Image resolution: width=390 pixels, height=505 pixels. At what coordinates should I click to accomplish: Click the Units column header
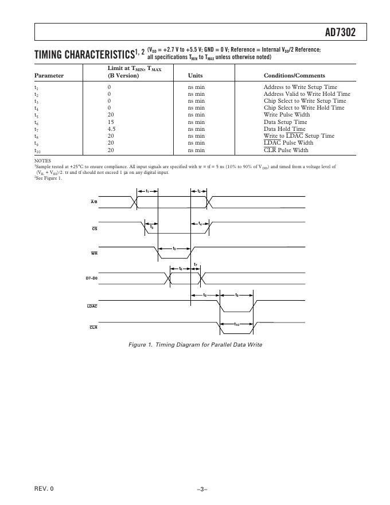tap(195, 75)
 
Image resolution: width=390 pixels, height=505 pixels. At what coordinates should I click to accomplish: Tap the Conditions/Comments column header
tap(294, 75)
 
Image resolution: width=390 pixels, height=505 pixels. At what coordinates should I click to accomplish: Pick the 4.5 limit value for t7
tap(112, 129)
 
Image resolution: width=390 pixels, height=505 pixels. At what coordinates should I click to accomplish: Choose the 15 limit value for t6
tap(111, 122)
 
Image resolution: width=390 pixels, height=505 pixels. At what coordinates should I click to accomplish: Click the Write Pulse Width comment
tap(285, 115)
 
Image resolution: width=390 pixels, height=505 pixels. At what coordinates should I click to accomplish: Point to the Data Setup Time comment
tap(285, 122)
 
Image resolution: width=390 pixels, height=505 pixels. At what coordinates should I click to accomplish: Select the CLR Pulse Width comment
tap(286, 150)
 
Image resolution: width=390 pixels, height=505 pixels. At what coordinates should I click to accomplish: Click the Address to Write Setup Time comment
tap(300, 87)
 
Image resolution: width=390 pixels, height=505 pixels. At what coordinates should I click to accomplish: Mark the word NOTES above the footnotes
tap(42, 161)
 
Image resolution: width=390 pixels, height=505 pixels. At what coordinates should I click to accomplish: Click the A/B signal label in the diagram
tap(94, 201)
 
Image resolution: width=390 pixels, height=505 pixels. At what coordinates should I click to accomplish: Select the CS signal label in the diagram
tap(95, 228)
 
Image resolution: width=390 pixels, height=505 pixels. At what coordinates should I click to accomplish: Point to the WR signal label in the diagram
tap(94, 253)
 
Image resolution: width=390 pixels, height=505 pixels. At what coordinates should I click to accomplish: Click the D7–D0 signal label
tap(91, 278)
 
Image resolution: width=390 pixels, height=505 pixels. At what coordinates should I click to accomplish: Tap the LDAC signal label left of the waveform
tap(92, 306)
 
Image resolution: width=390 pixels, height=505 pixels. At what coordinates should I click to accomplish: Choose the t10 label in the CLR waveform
tap(237, 325)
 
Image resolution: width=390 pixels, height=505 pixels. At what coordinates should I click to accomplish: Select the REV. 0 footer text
tap(44, 488)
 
